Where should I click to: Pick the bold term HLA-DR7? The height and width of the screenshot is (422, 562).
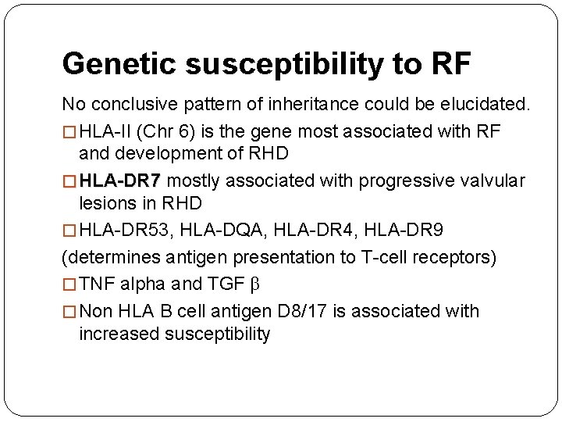(119, 181)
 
